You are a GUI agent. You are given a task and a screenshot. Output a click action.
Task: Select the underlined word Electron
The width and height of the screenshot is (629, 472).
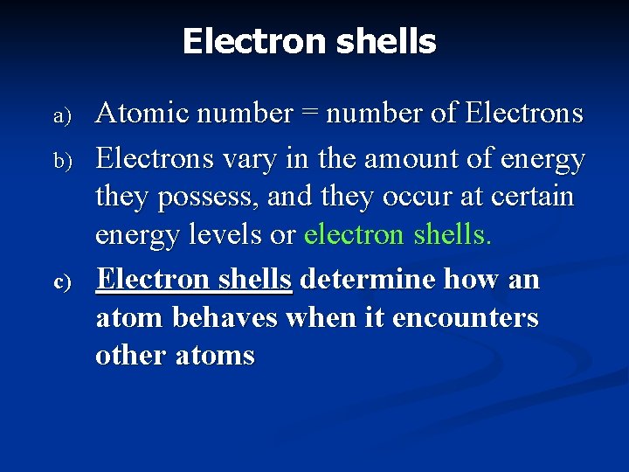click(153, 280)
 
